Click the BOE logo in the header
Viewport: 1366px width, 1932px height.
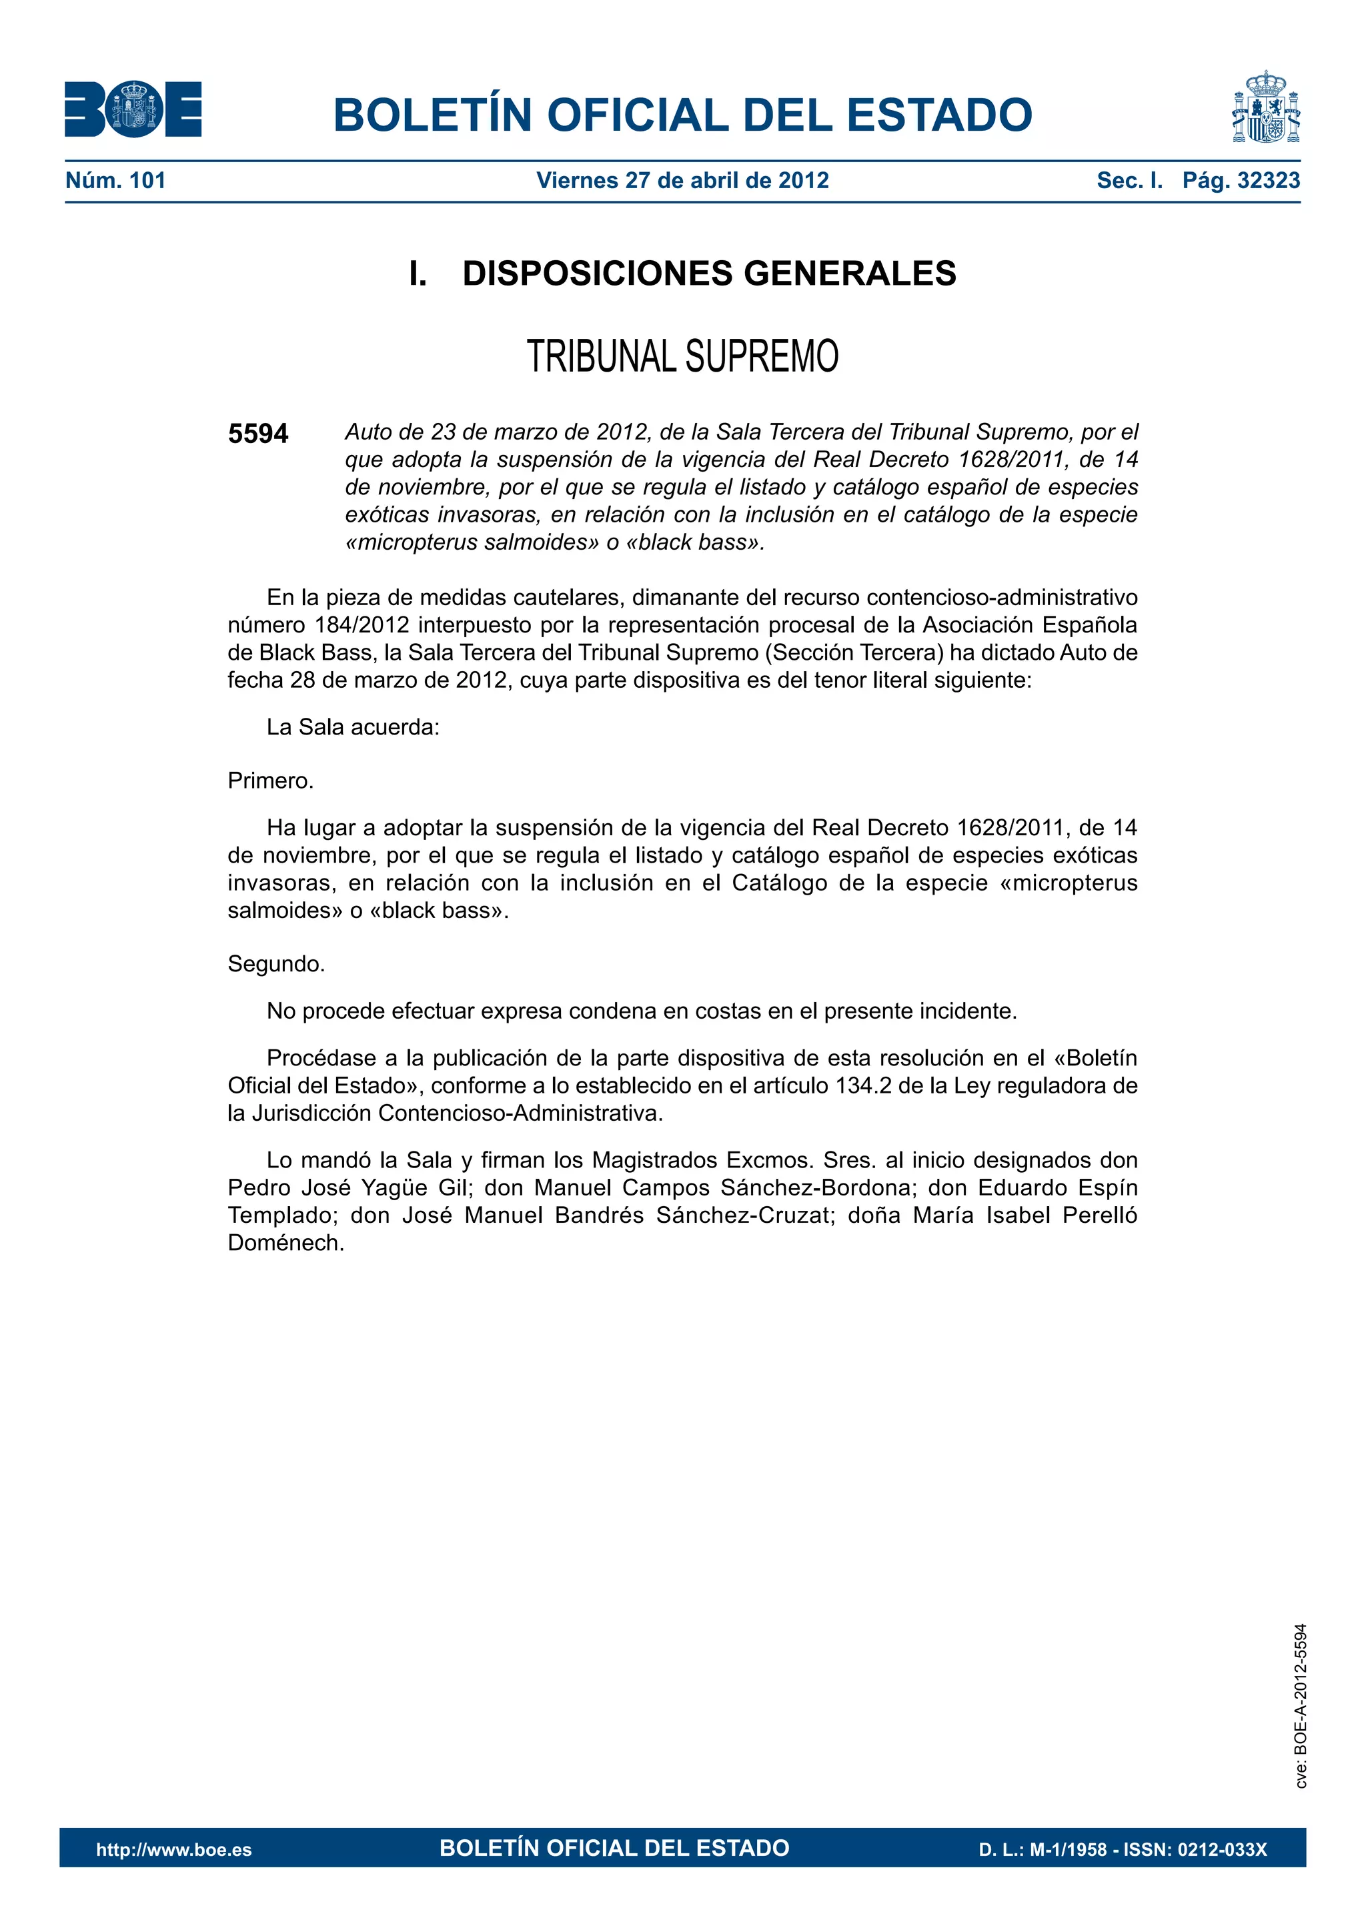(x=133, y=109)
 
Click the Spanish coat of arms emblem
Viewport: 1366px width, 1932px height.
(x=1266, y=107)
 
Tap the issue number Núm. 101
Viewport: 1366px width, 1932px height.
(x=115, y=180)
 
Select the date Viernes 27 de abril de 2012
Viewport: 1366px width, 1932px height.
(x=682, y=180)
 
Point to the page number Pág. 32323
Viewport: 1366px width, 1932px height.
(x=1241, y=180)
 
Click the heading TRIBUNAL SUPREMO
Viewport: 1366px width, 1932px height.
(x=682, y=356)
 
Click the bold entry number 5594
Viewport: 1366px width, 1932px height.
(x=257, y=434)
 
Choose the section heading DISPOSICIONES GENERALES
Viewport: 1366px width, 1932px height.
(x=708, y=274)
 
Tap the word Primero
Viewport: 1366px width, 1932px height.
(x=270, y=781)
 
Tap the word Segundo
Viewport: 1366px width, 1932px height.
(x=276, y=963)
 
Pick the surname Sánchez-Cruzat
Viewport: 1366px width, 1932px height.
(x=743, y=1216)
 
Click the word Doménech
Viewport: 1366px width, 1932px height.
(x=286, y=1244)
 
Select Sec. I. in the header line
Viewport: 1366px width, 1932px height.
(x=1129, y=180)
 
